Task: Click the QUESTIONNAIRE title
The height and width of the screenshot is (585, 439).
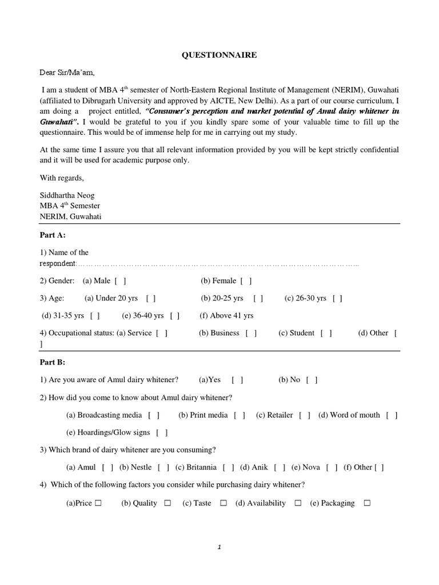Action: (219, 55)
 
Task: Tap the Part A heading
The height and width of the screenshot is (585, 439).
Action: (53, 235)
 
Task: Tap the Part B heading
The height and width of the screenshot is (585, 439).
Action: (53, 362)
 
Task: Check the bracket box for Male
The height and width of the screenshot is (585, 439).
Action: (121, 281)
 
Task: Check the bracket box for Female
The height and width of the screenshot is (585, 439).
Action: (246, 281)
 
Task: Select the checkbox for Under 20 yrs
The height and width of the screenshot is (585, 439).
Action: (151, 298)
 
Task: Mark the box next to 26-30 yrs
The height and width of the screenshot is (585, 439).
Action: (337, 298)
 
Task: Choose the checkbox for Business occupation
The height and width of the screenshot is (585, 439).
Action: (252, 333)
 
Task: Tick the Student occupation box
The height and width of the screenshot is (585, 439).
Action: (326, 333)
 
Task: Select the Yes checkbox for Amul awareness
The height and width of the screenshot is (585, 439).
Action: (238, 380)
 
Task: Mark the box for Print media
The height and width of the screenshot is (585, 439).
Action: (240, 415)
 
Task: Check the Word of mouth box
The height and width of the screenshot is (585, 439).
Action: (392, 415)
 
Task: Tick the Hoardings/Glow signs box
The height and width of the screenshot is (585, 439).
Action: (162, 433)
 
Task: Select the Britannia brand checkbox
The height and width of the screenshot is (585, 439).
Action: (229, 467)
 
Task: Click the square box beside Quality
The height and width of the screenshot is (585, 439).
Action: (167, 503)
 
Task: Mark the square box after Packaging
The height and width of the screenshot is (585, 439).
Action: (367, 503)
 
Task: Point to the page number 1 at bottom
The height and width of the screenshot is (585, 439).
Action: (219, 547)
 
